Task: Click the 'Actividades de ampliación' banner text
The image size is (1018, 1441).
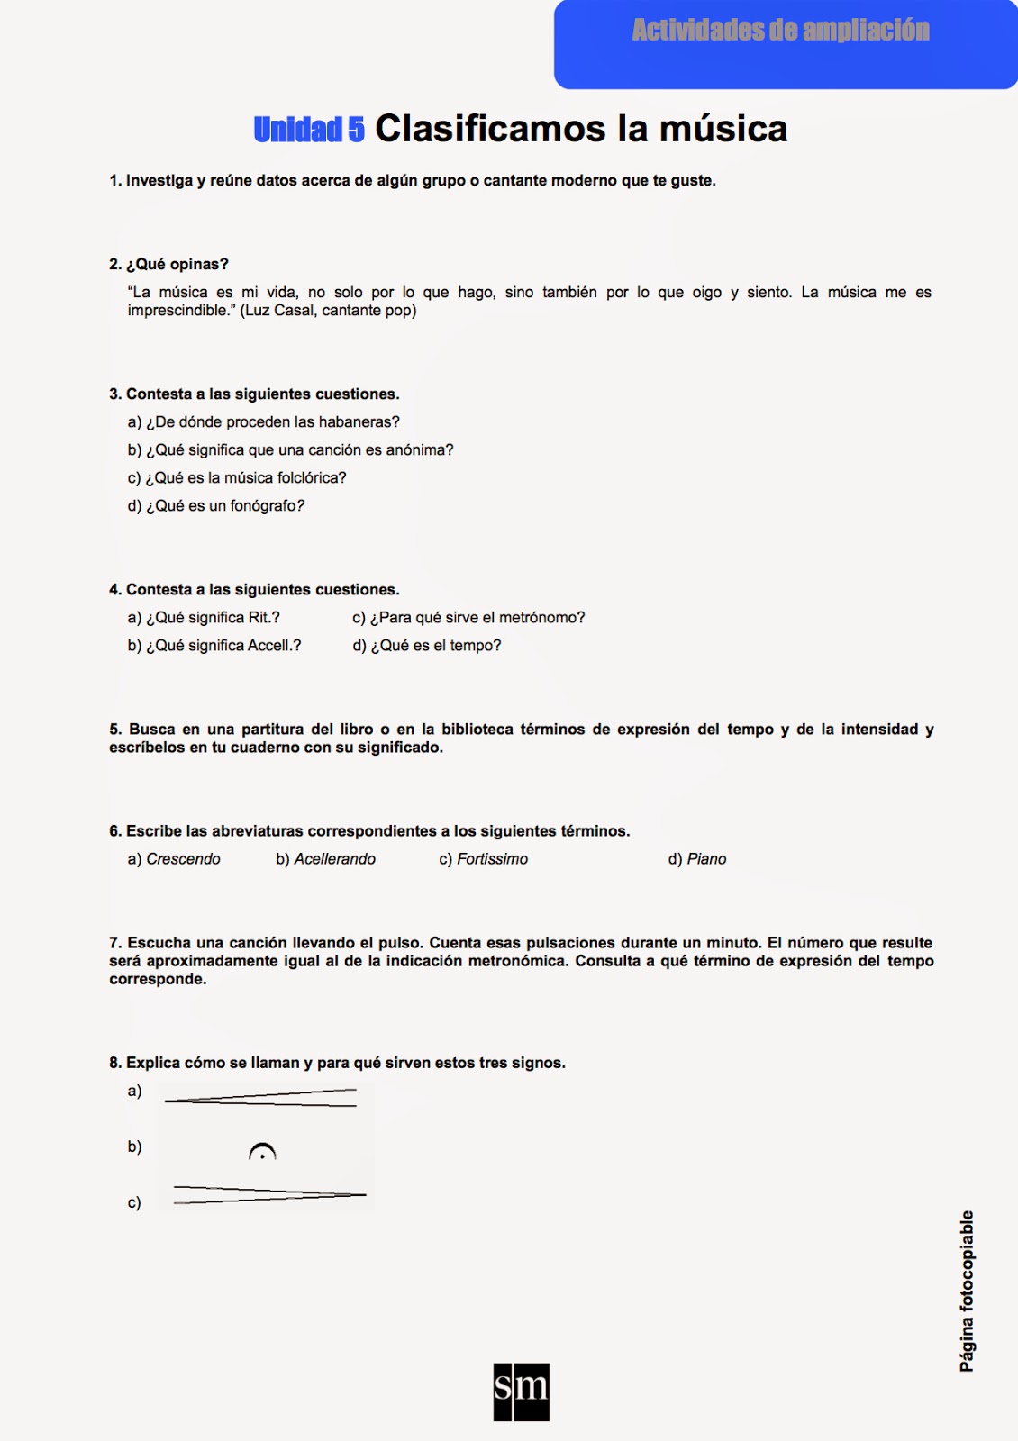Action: (x=780, y=31)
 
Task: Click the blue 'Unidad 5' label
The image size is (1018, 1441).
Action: (x=309, y=130)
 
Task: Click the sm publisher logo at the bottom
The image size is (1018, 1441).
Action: (x=521, y=1391)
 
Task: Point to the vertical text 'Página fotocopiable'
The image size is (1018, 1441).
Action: (x=967, y=1291)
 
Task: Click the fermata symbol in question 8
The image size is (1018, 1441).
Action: (x=262, y=1152)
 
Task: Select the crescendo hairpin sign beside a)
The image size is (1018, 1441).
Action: (x=261, y=1097)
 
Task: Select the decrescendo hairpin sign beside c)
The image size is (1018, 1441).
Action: (x=268, y=1195)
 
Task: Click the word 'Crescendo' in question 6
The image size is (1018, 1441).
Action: (x=183, y=859)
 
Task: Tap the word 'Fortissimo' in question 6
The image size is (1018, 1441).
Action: (x=492, y=859)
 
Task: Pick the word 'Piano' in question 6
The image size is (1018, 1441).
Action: (x=706, y=859)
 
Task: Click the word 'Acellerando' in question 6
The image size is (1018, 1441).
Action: (x=334, y=859)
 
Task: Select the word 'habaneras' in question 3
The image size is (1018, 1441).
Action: (x=355, y=422)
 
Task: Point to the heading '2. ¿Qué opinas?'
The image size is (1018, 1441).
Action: (x=169, y=264)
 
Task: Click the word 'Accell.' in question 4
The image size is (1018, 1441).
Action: (x=274, y=646)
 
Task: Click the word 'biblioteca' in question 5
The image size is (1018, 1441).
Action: (x=477, y=730)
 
